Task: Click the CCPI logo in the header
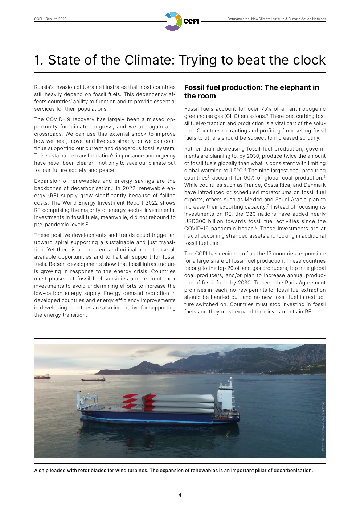[x=181, y=21]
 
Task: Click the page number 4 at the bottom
[x=180, y=494]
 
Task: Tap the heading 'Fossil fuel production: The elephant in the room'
[x=251, y=92]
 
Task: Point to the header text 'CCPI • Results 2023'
[x=50, y=19]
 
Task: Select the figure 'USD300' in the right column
[x=195, y=221]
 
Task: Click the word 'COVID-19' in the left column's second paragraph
[x=58, y=119]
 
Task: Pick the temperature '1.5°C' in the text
[x=236, y=171]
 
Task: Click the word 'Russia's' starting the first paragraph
[x=44, y=87]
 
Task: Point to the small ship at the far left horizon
[x=42, y=377]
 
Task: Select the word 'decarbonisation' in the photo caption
[x=293, y=471]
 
